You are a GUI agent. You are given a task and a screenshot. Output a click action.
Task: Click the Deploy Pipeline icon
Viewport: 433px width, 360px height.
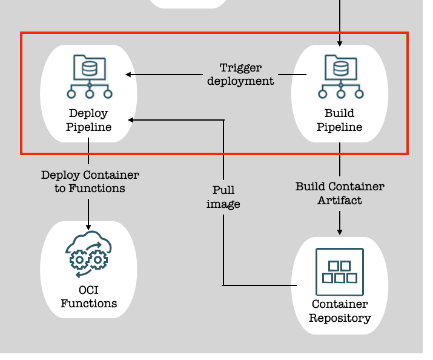89,76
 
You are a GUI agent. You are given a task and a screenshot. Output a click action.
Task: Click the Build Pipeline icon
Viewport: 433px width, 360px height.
340,76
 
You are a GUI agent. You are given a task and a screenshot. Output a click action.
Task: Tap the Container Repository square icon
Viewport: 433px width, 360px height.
340,272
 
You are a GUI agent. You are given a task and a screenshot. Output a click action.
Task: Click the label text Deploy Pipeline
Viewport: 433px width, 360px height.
88,120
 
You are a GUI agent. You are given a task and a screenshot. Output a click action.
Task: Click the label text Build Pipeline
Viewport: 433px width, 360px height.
340,120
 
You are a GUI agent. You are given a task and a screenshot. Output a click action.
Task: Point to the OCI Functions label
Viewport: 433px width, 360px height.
88,296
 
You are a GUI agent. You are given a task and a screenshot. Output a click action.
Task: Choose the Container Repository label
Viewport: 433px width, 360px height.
340,311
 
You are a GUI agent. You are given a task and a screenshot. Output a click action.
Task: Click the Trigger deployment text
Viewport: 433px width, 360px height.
240,74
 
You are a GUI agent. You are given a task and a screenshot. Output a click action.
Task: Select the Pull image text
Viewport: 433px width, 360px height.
223,197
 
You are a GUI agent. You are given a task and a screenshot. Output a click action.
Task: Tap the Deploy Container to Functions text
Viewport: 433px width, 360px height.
90,182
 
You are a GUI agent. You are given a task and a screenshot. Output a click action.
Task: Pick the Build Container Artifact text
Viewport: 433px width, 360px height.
340,193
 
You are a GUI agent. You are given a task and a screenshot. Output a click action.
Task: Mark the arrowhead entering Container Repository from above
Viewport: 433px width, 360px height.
340,232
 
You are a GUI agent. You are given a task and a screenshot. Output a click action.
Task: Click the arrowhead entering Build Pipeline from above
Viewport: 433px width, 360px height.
340,42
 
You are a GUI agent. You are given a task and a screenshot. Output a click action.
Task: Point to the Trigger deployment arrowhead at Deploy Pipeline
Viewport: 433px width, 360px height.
129,75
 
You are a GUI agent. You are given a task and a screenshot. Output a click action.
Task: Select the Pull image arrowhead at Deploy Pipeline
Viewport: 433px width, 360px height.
131,120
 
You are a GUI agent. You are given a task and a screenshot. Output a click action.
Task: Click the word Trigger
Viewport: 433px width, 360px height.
240,68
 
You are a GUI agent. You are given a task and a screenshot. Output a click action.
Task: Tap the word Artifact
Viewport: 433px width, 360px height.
340,200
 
